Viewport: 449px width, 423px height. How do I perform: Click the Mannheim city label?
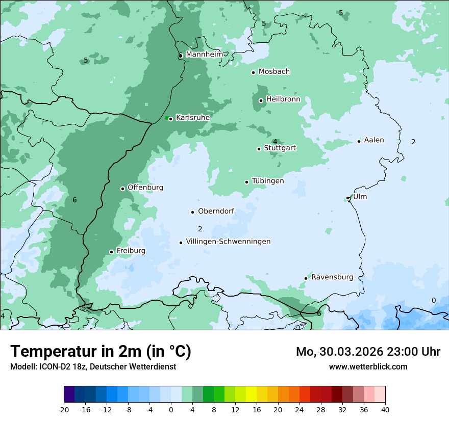coord(204,54)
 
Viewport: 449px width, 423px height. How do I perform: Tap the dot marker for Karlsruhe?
coord(170,119)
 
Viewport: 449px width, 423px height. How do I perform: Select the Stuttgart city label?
coord(280,148)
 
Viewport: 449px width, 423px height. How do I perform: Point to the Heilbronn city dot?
coord(261,100)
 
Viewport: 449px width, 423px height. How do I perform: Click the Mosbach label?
coord(274,71)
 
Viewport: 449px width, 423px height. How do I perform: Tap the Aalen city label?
coord(374,140)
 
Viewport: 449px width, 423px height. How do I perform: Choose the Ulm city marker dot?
coord(348,198)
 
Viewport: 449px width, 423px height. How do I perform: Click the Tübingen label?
coord(268,181)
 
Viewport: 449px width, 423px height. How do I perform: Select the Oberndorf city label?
coord(216,211)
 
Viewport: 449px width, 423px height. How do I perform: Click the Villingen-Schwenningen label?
coord(228,242)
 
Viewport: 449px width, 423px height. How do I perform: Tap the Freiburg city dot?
coord(111,252)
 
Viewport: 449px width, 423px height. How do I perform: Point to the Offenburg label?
coord(145,188)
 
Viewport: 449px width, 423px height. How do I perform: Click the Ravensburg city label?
coord(332,277)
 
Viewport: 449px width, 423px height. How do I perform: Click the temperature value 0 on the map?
coord(434,300)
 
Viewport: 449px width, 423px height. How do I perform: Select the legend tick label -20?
coord(64,409)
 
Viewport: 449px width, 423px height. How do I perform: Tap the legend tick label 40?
coord(385,409)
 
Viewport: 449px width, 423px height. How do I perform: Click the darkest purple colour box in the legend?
coord(69,394)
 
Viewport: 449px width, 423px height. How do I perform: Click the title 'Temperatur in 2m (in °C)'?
coord(101,351)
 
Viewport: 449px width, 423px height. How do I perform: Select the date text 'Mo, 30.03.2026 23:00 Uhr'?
coord(368,352)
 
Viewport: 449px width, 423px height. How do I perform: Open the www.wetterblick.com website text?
coord(368,366)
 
